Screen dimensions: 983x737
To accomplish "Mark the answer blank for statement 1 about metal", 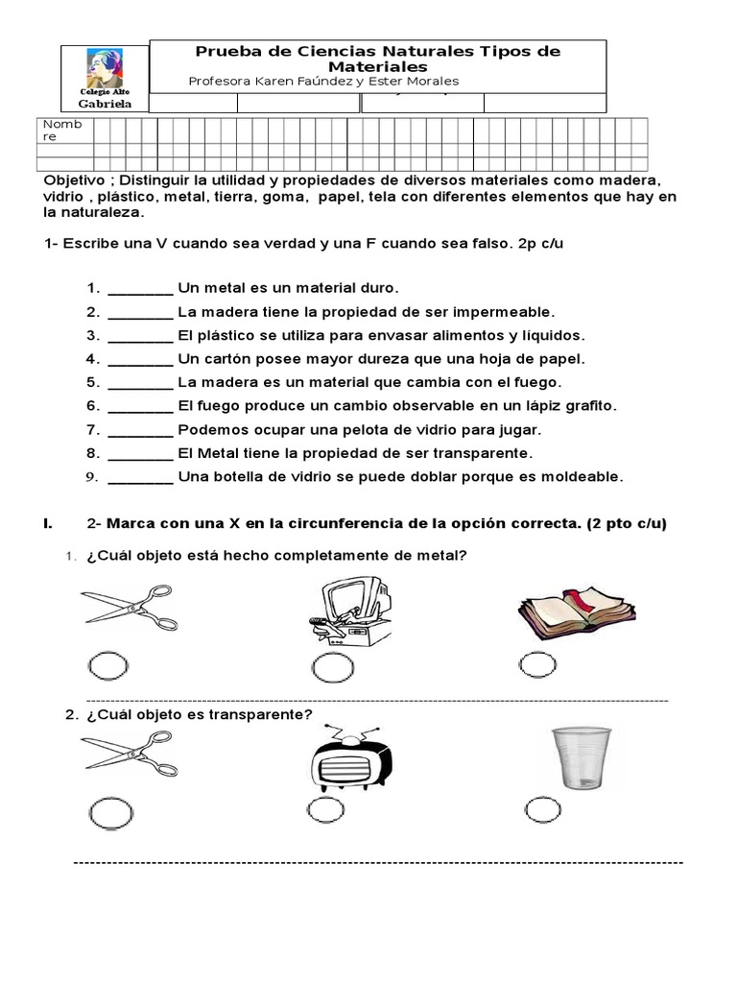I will (x=140, y=288).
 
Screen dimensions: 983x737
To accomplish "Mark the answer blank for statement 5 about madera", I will (x=140, y=382).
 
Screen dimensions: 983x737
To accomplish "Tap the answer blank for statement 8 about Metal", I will (x=140, y=453).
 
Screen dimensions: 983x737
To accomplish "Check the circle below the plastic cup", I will (x=543, y=810).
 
